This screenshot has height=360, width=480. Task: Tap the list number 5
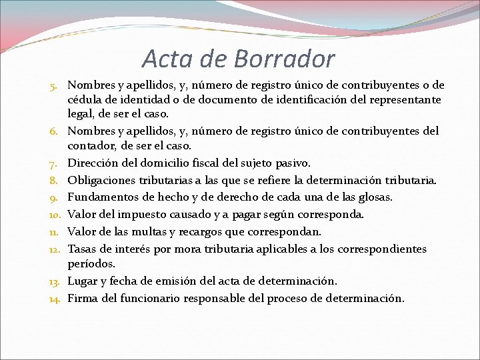point(55,86)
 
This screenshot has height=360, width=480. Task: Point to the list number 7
point(55,163)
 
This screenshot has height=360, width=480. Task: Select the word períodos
point(92,264)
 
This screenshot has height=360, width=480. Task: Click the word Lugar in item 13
point(83,281)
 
